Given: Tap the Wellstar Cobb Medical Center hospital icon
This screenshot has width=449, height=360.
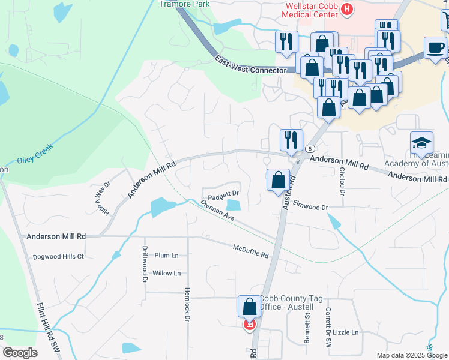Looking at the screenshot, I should (347, 8).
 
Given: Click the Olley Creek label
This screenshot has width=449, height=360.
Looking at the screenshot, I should (35, 153).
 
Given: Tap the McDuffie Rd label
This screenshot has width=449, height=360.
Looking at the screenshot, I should (251, 251).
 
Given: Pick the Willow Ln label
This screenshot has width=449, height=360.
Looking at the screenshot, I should (166, 273).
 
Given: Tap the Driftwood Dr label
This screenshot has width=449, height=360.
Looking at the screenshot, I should (145, 265).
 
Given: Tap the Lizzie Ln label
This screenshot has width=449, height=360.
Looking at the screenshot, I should (346, 332).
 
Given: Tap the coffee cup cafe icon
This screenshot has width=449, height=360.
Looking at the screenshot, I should (435, 47).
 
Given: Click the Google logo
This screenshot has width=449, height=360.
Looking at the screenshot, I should (20, 352).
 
